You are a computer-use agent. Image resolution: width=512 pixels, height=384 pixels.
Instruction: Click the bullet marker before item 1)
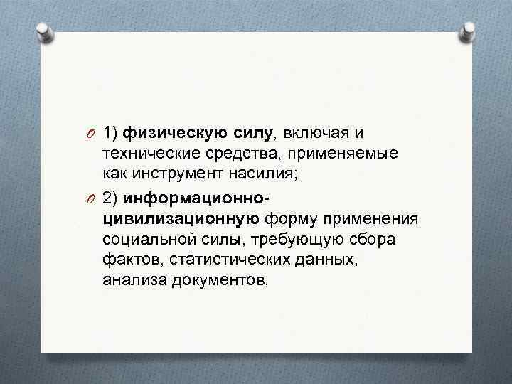click(x=90, y=133)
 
